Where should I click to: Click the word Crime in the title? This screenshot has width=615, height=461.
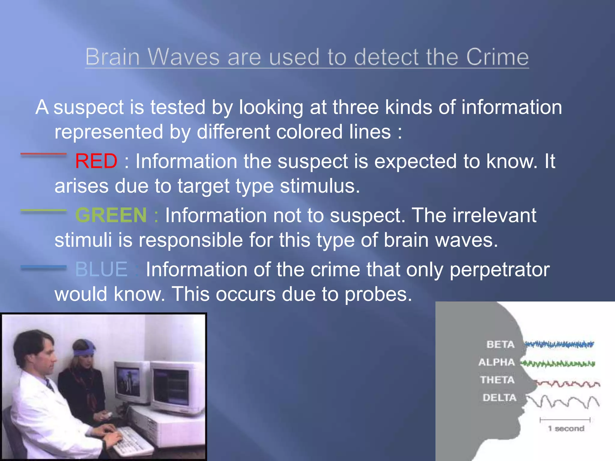[x=497, y=57]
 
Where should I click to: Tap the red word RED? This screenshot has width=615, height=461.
[x=96, y=161]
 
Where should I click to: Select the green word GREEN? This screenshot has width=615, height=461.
[x=111, y=215]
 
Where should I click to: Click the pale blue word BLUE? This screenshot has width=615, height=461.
[x=101, y=269]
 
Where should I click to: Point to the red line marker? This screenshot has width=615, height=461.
[x=44, y=154]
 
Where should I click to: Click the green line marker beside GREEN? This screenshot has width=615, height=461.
[x=44, y=211]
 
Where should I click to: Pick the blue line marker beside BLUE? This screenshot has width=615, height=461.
[x=44, y=267]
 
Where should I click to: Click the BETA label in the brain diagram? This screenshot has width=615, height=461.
[x=500, y=344]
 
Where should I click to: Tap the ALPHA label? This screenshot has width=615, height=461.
[x=496, y=362]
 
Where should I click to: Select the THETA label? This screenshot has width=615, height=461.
[x=497, y=380]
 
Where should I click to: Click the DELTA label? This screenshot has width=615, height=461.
[x=499, y=398]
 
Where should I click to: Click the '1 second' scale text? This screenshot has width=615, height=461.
[x=566, y=429]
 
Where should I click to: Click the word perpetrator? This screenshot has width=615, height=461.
[x=499, y=269]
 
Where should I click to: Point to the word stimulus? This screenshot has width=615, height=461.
[x=320, y=186]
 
